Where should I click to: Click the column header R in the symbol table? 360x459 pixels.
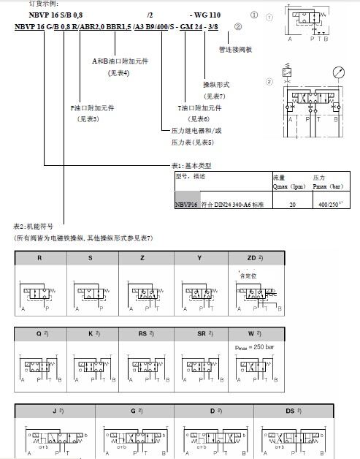39,258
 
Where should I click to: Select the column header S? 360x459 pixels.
90,258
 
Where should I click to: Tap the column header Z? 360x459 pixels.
143,258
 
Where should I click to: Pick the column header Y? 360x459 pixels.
199,258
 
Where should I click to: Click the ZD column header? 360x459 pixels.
253,258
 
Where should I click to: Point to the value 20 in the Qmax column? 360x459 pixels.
292,205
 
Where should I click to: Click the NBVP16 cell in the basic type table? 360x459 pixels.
187,205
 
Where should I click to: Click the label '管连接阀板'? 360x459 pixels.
235,50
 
